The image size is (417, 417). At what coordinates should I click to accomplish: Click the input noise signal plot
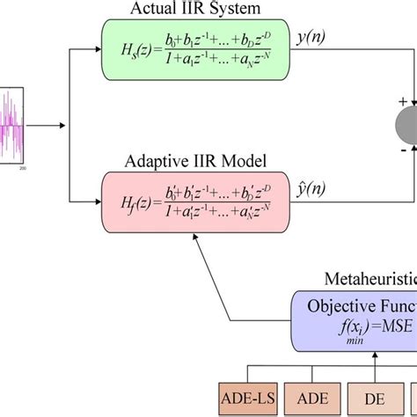[15, 124]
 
